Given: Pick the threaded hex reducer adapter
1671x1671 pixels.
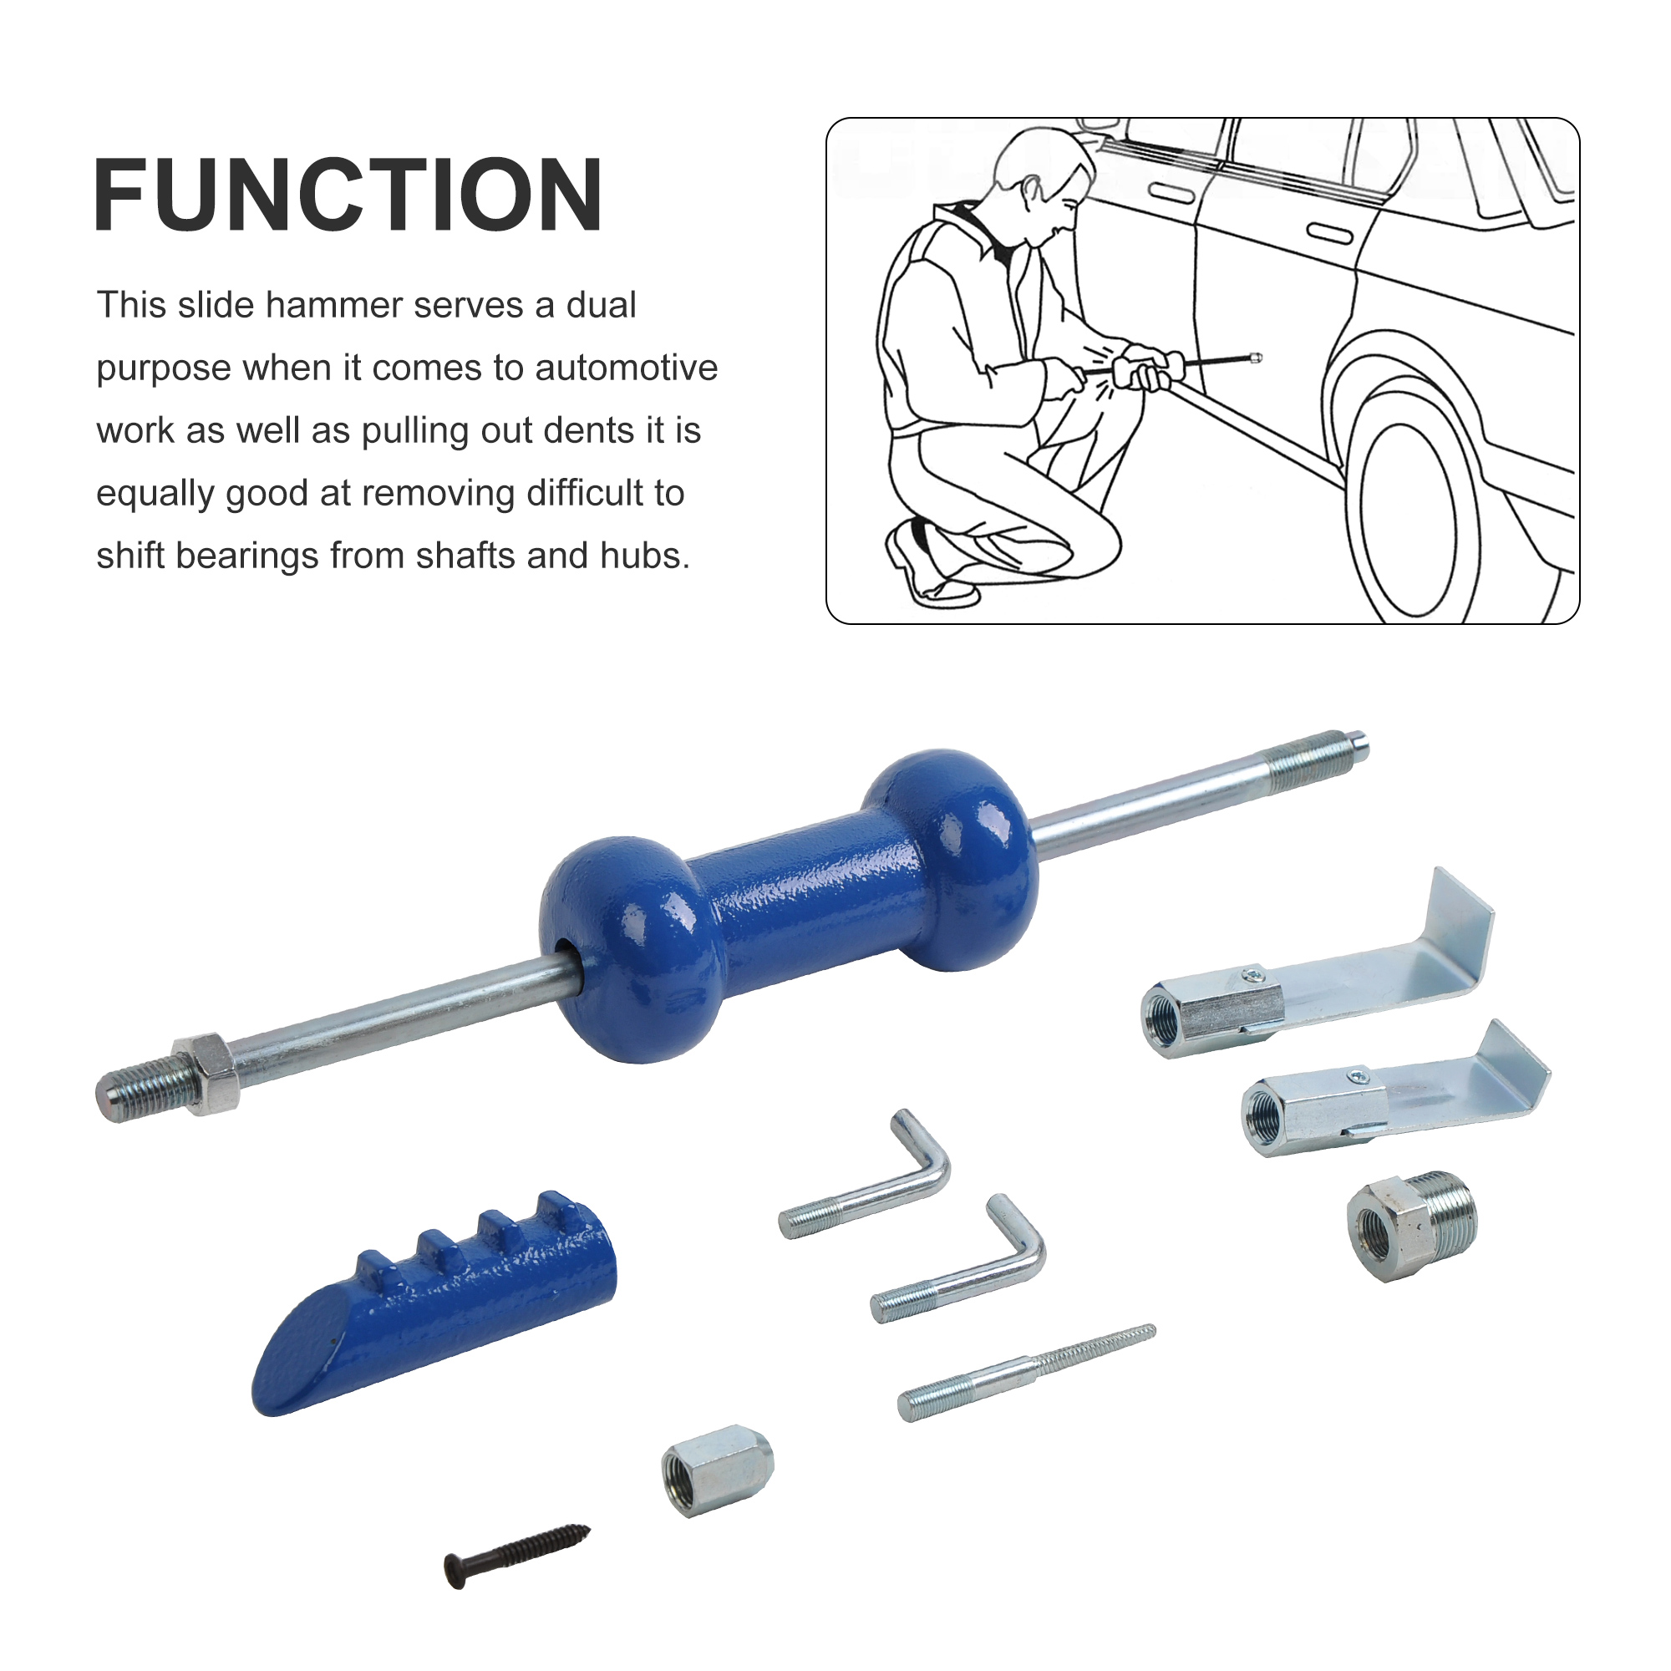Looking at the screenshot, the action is [x=1412, y=1225].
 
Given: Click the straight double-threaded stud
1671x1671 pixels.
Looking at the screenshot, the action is [x=1027, y=1373].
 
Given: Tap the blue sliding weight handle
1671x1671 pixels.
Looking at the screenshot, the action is [x=789, y=906].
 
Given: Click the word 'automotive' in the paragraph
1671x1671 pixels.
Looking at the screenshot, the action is [x=626, y=368].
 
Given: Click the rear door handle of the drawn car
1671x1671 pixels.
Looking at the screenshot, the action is [x=1329, y=234].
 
